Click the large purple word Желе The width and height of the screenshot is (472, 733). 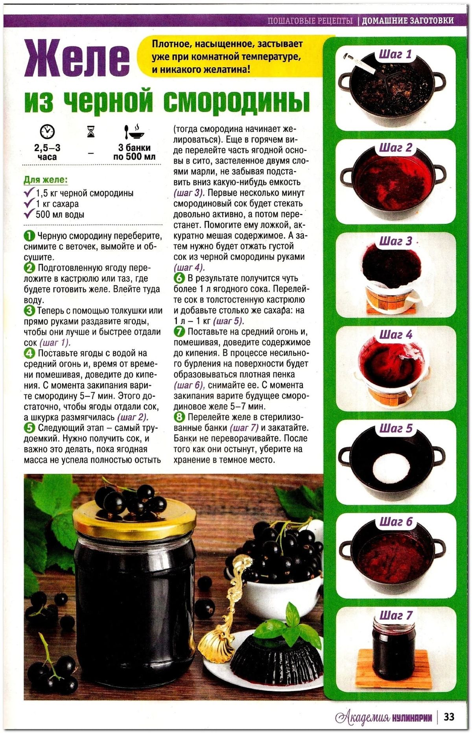[77, 58]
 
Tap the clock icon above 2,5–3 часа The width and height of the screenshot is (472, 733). [47, 131]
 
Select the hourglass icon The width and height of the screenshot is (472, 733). [91, 131]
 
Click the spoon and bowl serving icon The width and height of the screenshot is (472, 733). [134, 131]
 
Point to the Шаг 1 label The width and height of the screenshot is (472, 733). [395, 54]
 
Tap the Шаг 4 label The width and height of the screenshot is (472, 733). [396, 335]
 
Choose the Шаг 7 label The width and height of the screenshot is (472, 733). [396, 615]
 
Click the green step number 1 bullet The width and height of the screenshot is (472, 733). [29, 236]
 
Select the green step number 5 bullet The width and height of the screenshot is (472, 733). [29, 428]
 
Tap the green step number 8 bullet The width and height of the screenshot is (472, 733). [179, 417]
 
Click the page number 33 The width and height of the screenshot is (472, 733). [449, 716]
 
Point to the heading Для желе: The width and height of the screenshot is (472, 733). [46, 180]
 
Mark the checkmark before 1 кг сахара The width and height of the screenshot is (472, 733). [29, 203]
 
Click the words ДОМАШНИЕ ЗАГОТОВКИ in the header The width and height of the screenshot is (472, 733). [407, 20]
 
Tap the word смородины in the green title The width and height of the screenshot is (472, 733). [236, 102]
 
